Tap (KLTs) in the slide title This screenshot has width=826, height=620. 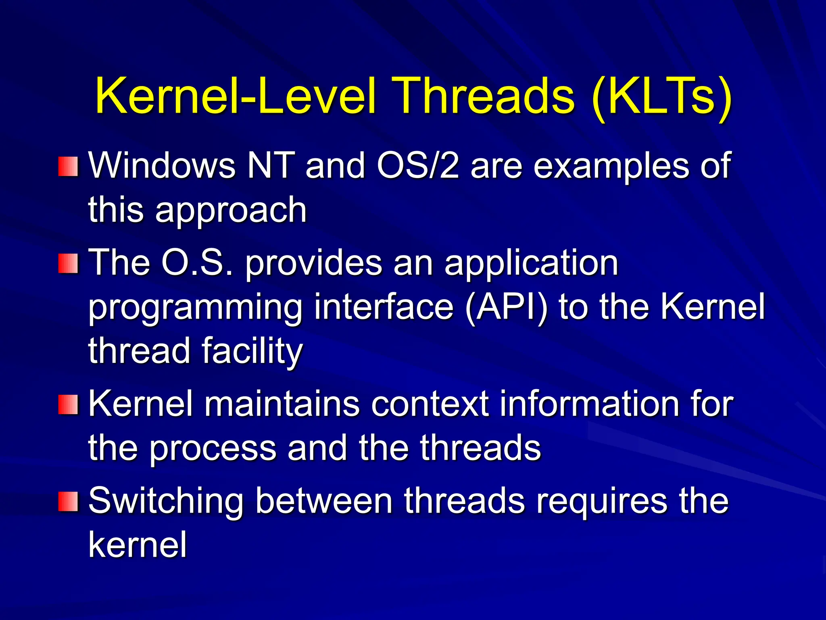pyautogui.click(x=661, y=97)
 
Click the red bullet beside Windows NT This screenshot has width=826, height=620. pyautogui.click(x=67, y=166)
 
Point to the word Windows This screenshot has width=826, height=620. pyautogui.click(x=162, y=165)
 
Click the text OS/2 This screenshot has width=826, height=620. pyautogui.click(x=418, y=165)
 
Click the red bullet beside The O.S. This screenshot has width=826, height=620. pyautogui.click(x=67, y=263)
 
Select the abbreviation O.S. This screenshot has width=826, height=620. pyautogui.click(x=197, y=262)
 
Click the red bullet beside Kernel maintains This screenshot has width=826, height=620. pyautogui.click(x=67, y=404)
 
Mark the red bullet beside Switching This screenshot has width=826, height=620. pyautogui.click(x=67, y=501)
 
